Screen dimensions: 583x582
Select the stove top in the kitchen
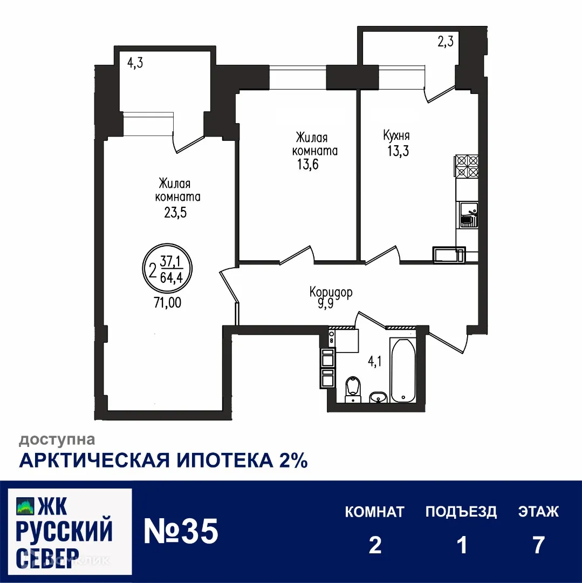tap(467, 167)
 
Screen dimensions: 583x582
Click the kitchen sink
tap(467, 215)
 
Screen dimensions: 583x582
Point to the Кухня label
tap(396, 135)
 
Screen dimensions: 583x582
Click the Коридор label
tap(331, 292)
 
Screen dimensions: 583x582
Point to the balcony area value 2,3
tap(445, 42)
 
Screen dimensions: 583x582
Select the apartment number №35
tap(181, 532)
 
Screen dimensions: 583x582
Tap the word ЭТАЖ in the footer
tap(538, 511)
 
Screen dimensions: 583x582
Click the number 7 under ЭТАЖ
tap(538, 545)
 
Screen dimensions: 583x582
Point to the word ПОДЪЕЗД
tap(461, 511)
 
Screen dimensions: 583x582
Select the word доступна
tap(57, 440)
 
